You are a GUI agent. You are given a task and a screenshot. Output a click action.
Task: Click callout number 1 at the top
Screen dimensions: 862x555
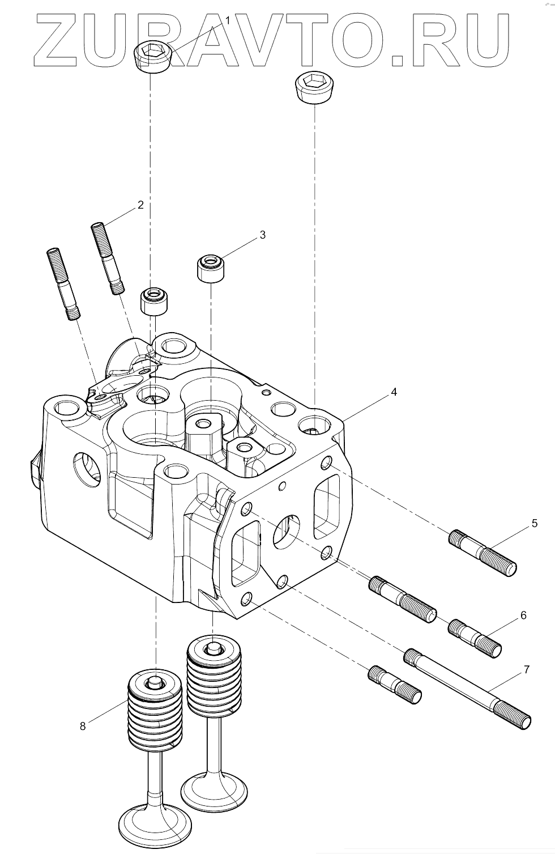[228, 20]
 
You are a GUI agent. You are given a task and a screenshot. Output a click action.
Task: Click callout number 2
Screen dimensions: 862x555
[140, 205]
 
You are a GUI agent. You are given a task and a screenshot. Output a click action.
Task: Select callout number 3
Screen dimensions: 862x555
[262, 235]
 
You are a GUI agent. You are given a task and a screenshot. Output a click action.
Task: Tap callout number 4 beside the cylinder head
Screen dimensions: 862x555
[394, 392]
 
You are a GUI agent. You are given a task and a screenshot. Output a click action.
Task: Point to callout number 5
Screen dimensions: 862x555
[534, 523]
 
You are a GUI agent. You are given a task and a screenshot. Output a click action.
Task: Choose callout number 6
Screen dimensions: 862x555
[523, 615]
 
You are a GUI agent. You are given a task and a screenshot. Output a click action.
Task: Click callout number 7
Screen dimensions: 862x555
[526, 670]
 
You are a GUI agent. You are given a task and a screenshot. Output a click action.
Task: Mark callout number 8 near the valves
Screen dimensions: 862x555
[83, 726]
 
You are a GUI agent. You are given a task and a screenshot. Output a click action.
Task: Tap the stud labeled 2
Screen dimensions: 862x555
[108, 258]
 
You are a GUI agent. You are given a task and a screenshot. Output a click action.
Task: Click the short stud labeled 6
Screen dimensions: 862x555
[475, 638]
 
